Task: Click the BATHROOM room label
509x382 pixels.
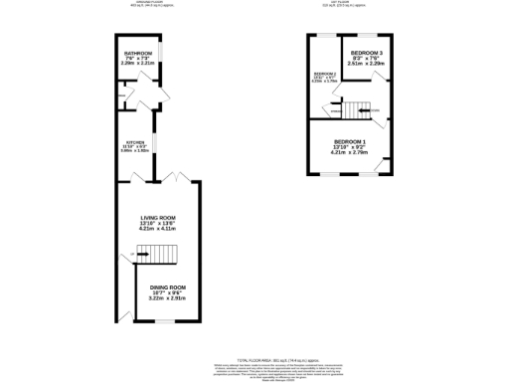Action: (x=136, y=53)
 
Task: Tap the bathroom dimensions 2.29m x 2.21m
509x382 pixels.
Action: (x=136, y=64)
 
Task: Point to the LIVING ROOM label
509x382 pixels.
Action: (x=158, y=217)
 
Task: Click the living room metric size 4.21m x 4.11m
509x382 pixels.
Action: (x=158, y=229)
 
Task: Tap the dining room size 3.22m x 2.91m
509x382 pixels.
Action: (x=168, y=297)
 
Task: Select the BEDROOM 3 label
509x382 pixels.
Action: (x=365, y=52)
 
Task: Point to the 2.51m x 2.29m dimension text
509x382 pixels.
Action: (x=365, y=64)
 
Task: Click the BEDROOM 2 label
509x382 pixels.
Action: (x=325, y=75)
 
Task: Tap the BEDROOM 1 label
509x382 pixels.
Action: (x=350, y=141)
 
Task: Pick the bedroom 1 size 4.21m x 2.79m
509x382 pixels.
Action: (x=350, y=153)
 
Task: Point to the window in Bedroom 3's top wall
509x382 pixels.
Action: (x=365, y=36)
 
